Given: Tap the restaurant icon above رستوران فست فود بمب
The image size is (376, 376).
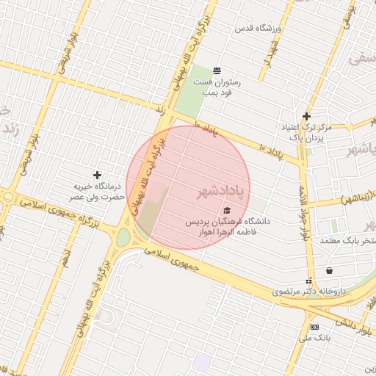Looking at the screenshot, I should (x=217, y=70).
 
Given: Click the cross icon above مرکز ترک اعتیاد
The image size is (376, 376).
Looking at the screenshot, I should (x=306, y=116).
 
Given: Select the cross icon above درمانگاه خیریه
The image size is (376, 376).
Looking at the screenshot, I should (x=96, y=175).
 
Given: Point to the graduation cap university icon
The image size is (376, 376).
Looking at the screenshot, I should (x=225, y=211).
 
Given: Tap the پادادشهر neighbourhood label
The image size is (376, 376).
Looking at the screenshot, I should (x=220, y=192).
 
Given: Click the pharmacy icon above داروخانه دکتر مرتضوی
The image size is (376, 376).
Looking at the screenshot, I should (x=308, y=280).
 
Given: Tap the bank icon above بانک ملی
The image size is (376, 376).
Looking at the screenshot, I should (x=315, y=327).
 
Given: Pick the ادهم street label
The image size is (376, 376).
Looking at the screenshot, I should (x=65, y=257).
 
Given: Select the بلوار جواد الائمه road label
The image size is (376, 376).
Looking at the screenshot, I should (x=302, y=213).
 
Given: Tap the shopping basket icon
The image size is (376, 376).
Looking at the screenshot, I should (x=328, y=269).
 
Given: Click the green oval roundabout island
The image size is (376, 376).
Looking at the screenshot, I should (x=123, y=237).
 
